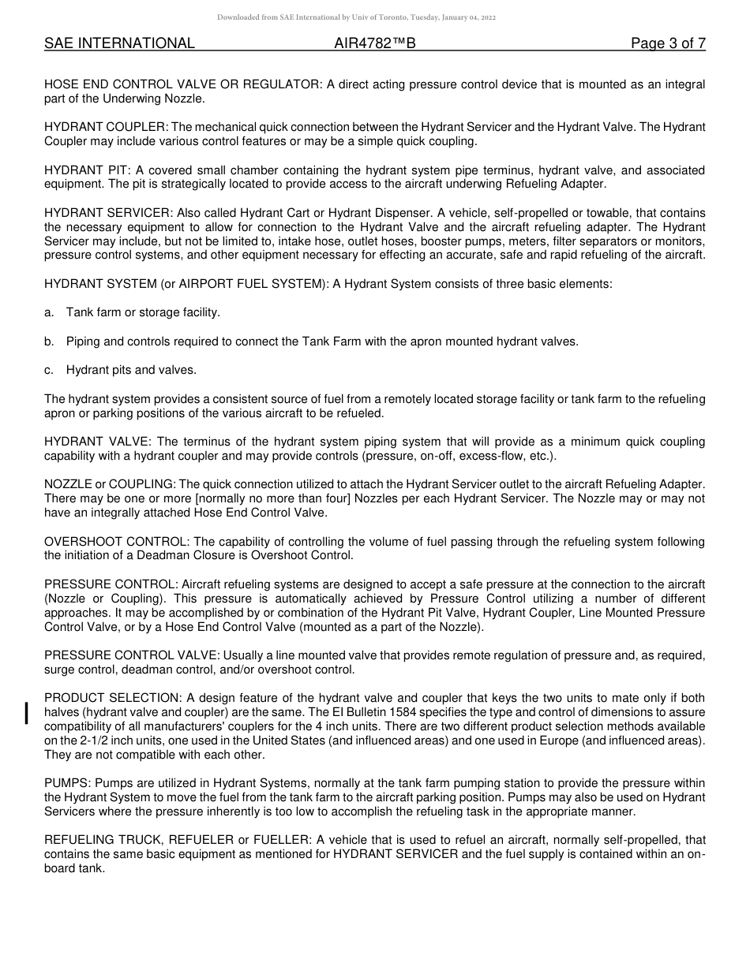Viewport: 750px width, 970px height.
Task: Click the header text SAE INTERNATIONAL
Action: pos(119,44)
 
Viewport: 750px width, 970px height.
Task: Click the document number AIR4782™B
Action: pos(375,44)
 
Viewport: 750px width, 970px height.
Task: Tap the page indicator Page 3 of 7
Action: pos(668,44)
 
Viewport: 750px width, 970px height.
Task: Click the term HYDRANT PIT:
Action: pos(88,170)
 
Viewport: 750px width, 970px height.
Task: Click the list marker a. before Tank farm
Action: pos(49,312)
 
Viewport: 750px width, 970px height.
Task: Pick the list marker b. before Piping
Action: pos(49,341)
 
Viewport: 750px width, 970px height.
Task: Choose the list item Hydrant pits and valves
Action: pos(131,370)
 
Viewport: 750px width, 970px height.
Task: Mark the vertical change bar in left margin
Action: pos(28,712)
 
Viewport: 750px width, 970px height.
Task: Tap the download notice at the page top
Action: pos(356,17)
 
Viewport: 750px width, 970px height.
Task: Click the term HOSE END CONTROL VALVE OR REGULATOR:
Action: pos(183,84)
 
